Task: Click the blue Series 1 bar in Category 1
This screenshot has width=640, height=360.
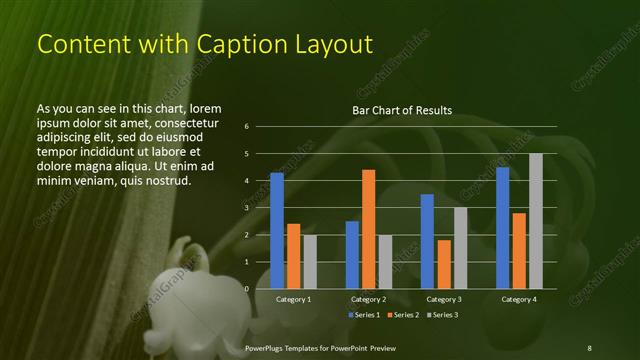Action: click(x=277, y=231)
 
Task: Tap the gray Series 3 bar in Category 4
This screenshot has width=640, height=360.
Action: click(x=535, y=221)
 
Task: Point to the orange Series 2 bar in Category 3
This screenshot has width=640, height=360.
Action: click(x=443, y=264)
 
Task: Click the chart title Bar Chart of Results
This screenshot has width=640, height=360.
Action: click(x=402, y=110)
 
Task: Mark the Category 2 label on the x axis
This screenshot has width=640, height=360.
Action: click(x=368, y=299)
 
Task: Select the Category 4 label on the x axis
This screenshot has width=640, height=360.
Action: click(x=518, y=299)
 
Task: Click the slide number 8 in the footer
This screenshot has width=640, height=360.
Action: click(x=589, y=347)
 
